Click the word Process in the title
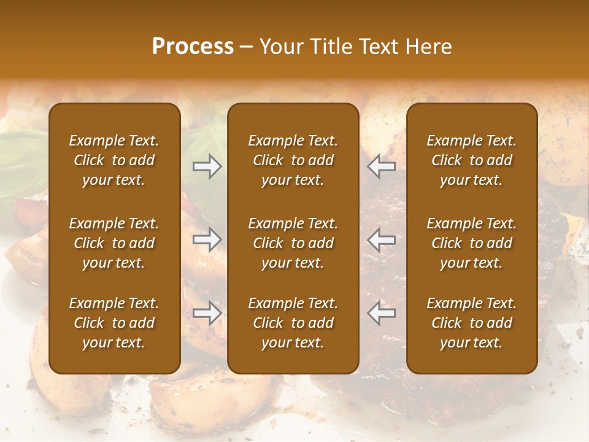[x=193, y=47]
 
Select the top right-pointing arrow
[x=207, y=166]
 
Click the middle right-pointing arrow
[x=207, y=239]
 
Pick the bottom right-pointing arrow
[x=207, y=313]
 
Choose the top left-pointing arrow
[x=382, y=166]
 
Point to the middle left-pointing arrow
[x=382, y=239]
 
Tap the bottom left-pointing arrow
[x=382, y=313]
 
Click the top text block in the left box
[x=114, y=160]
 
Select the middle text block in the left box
[x=114, y=243]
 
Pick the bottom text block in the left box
[x=114, y=323]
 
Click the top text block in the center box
[x=293, y=160]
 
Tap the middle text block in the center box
[x=293, y=243]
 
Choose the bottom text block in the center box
[x=293, y=323]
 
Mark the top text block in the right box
[x=471, y=160]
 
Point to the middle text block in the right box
[x=471, y=243]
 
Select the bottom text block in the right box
[x=471, y=323]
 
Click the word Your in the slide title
[x=279, y=47]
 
